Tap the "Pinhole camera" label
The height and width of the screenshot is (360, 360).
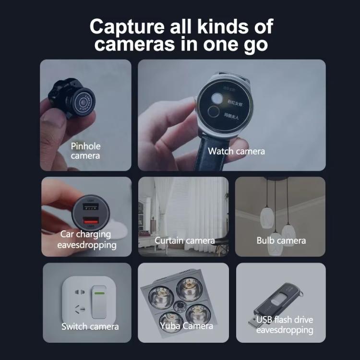pos(86,151)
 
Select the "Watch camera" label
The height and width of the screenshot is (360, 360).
pos(236,151)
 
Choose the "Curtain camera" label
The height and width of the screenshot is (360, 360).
pos(184,240)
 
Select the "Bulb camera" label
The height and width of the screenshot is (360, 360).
pos(281,240)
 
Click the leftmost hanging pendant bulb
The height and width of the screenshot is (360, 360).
pos(266,218)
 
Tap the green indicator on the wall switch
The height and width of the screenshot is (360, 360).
pos(99,292)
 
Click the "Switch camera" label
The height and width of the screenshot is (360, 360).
pos(90,327)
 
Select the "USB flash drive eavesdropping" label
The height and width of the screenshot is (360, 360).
pos(284,325)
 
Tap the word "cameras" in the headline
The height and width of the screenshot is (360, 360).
pos(139,45)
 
